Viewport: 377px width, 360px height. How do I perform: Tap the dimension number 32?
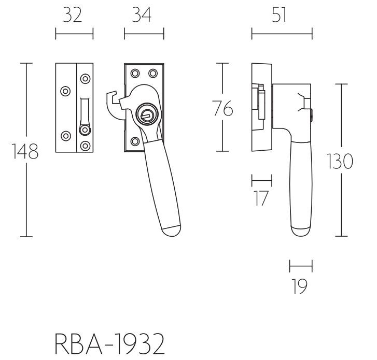click(x=74, y=16)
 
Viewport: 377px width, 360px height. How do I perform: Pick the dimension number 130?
click(x=340, y=162)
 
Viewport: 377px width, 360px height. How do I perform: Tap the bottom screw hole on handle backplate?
click(x=134, y=140)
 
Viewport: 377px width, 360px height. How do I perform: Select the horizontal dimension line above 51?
click(x=282, y=35)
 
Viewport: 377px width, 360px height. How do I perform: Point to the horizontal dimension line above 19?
click(x=301, y=267)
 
